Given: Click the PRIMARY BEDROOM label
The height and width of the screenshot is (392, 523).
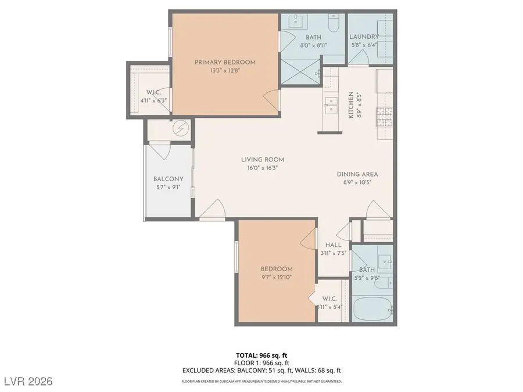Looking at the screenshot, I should pos(225,62).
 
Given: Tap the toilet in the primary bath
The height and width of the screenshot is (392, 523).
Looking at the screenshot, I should pos(334,25).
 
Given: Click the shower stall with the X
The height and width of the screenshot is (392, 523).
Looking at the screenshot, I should pos(302,74).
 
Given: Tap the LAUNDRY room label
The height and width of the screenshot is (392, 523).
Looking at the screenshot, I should pos(364,37).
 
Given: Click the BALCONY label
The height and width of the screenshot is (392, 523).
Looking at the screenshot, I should pos(168,179).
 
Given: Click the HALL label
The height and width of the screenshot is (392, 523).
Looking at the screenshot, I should pos(333,244).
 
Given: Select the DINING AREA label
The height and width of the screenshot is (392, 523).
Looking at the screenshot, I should pos(357,174).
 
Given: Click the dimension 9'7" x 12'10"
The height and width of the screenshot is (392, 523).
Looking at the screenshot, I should pos(276,277).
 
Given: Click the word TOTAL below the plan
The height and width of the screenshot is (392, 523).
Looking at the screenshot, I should pos(246,354).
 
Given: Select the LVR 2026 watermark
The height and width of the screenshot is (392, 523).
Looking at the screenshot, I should pos(27,381).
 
